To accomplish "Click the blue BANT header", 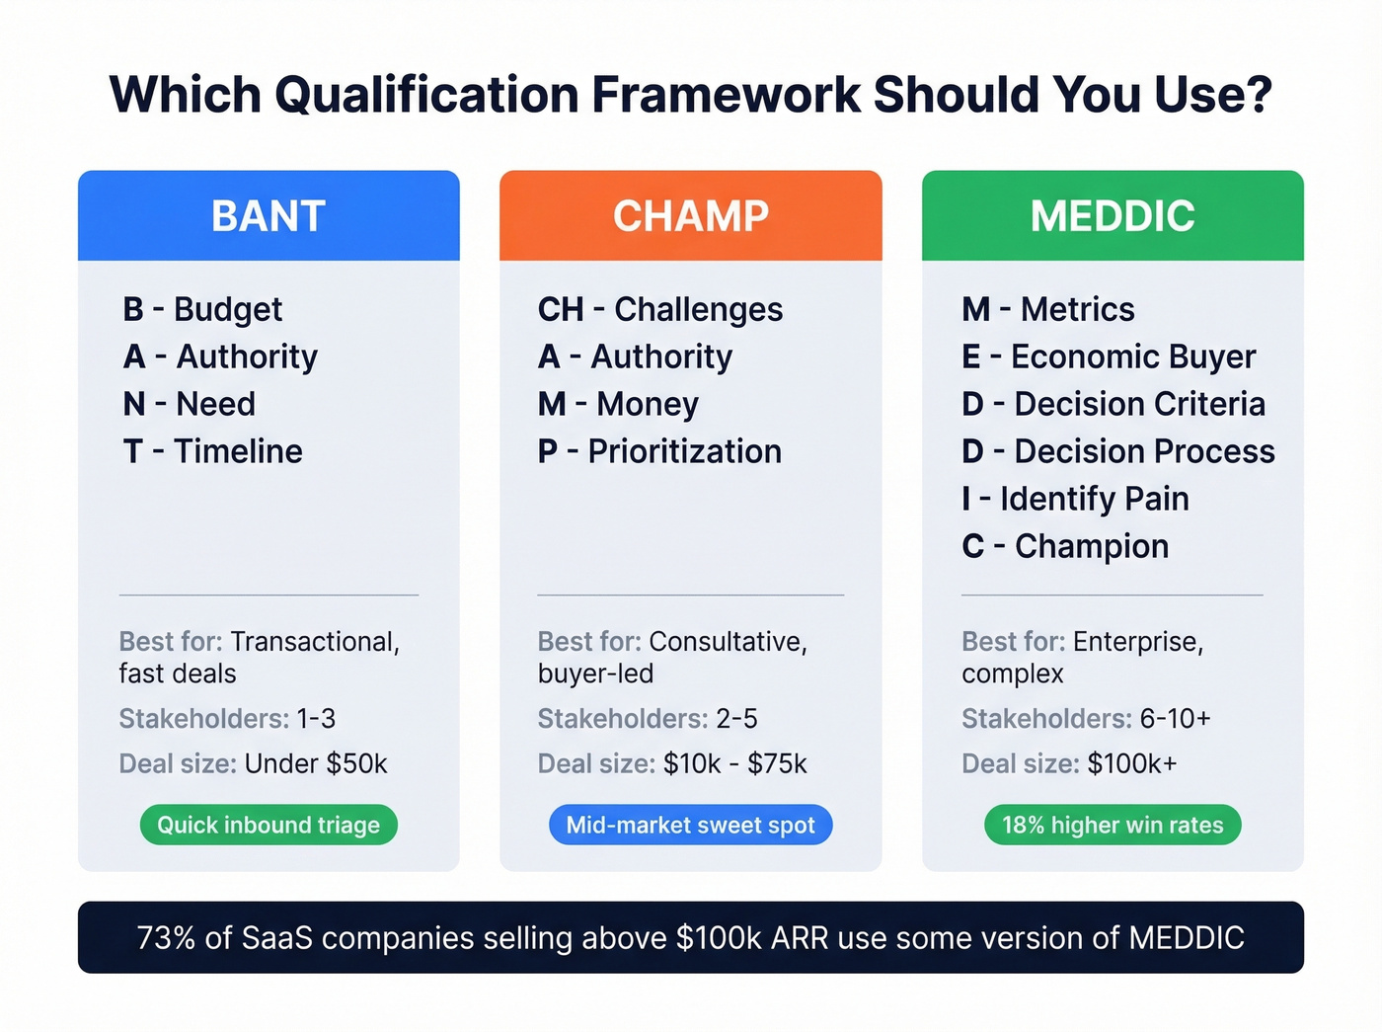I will pos(269,215).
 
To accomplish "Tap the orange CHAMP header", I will pos(690,215).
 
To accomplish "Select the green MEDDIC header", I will pos(1113,215).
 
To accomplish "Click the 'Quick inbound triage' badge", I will pos(269,825).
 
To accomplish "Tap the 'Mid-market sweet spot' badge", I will pos(690,825).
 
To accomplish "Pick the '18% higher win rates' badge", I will pos(1113,825).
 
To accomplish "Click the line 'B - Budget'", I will pos(202,309).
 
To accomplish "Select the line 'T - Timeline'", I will pos(212,451).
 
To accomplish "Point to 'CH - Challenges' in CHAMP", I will pos(659,309).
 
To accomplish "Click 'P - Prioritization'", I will pos(659,451).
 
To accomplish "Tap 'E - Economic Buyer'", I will pos(1109,357).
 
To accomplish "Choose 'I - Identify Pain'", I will pos(1075,499).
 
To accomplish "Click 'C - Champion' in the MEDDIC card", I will pos(1065,546).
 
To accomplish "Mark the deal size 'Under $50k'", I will pos(316,763).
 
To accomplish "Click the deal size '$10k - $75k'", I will pos(734,763).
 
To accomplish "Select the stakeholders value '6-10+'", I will pos(1175,718).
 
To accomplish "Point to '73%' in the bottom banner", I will pos(166,937).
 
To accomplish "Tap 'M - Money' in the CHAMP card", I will pos(618,404).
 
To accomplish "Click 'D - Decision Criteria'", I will pos(1113,404).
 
